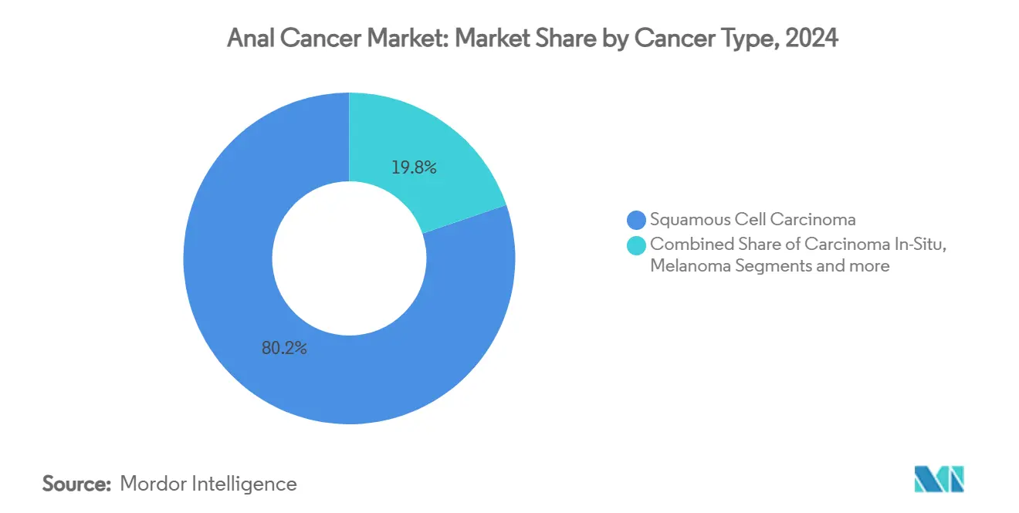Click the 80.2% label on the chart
(x=284, y=348)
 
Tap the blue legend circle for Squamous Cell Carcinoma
(x=637, y=220)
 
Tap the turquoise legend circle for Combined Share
(x=637, y=245)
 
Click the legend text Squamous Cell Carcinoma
(x=752, y=220)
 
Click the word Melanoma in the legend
(x=685, y=266)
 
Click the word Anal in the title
(x=249, y=39)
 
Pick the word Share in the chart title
(x=568, y=39)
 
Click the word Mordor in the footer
(x=150, y=484)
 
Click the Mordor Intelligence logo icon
(x=939, y=479)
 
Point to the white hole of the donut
(x=349, y=258)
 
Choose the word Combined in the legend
(x=685, y=244)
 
